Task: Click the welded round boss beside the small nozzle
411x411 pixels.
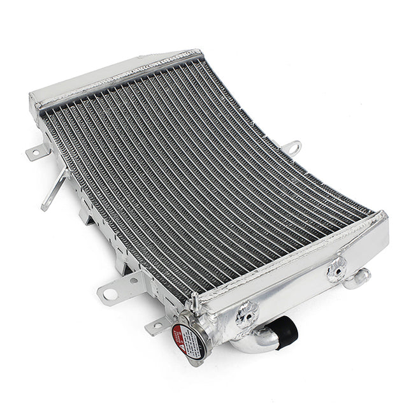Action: [x=336, y=271]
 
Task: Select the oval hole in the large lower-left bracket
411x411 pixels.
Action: [x=110, y=294]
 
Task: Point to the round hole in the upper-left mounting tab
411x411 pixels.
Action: [x=35, y=154]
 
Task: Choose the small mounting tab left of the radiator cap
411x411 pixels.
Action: [x=155, y=328]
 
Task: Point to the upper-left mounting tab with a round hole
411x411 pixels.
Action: [x=38, y=152]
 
